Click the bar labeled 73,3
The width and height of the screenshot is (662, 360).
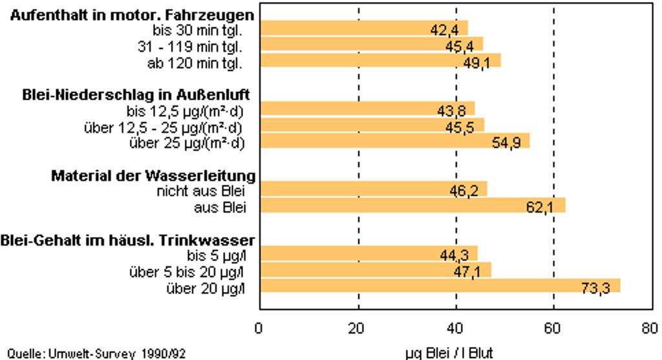[440, 286]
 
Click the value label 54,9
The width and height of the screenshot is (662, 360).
[506, 142]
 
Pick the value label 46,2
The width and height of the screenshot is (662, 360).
[464, 190]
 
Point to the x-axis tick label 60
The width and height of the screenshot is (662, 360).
[553, 328]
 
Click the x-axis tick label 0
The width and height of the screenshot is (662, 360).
[259, 328]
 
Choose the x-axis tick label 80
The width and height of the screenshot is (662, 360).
[650, 328]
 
